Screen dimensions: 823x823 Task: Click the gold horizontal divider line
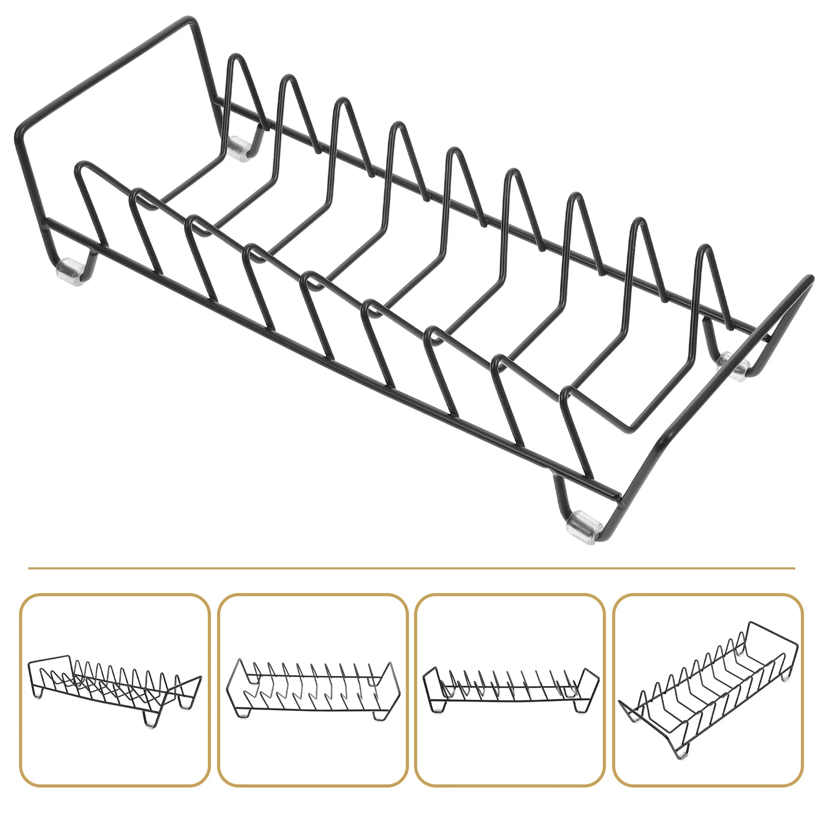[411, 568]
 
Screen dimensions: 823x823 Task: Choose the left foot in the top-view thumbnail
[242, 714]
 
